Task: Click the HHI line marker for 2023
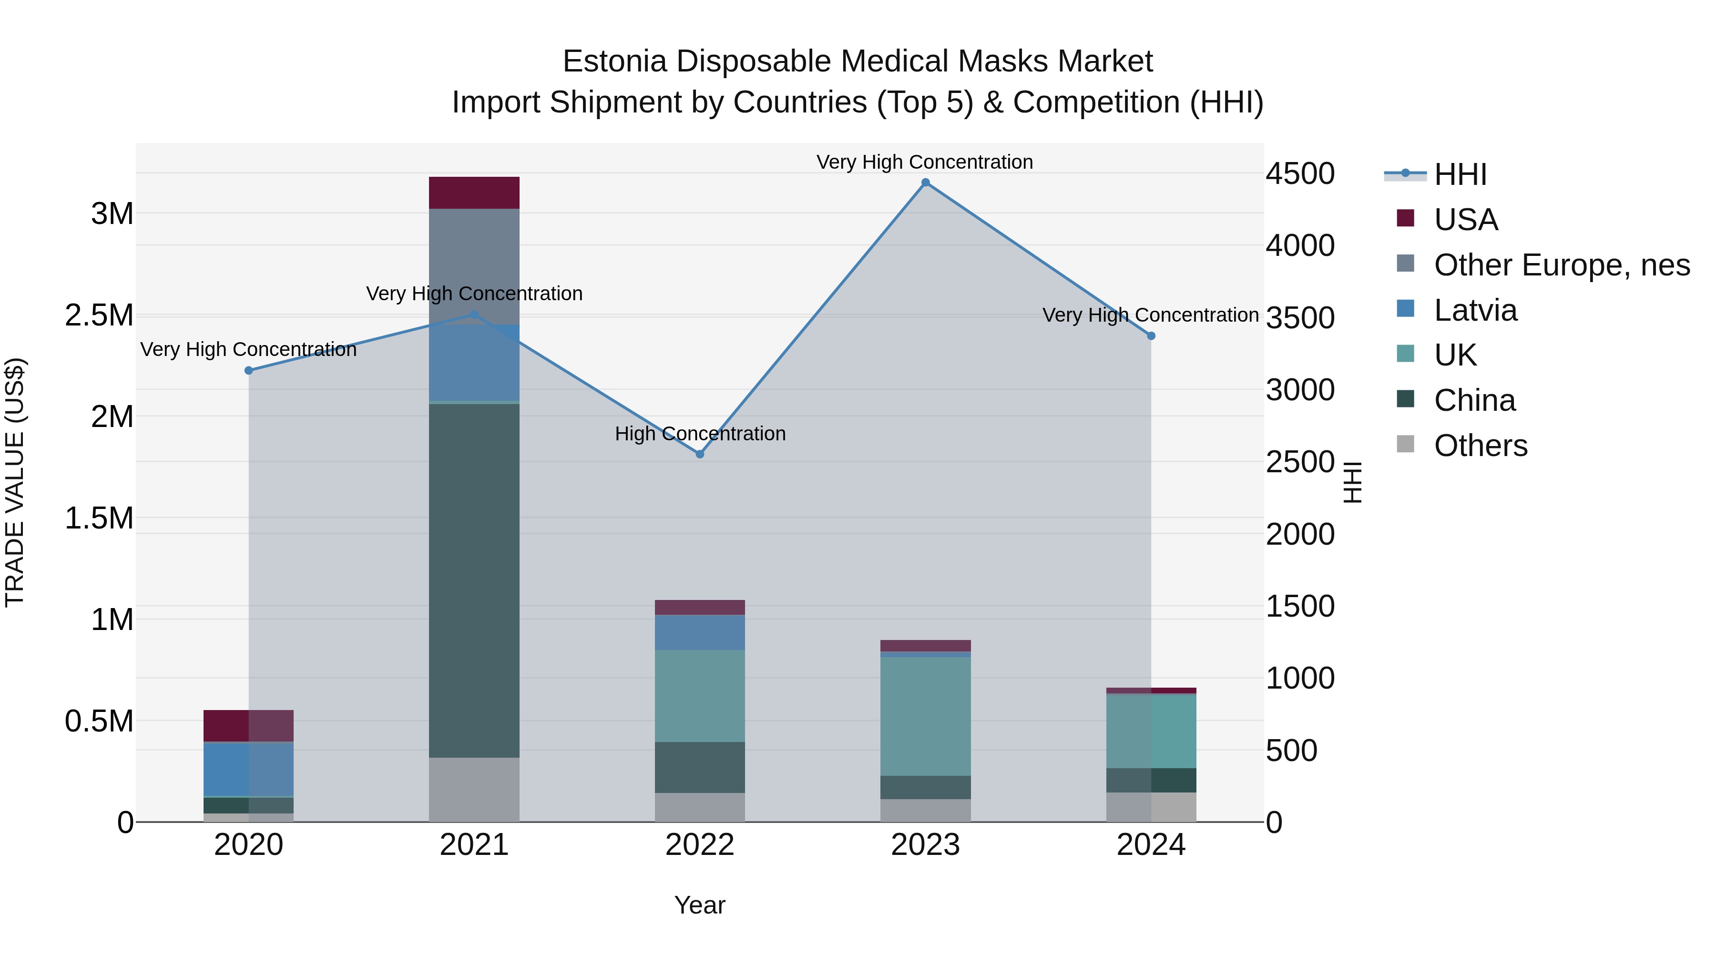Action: (x=925, y=183)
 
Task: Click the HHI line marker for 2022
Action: (x=699, y=454)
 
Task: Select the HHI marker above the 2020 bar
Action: (x=248, y=370)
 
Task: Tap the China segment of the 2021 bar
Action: (x=474, y=579)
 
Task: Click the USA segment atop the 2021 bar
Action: (x=474, y=193)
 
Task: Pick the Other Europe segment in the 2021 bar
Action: (x=474, y=266)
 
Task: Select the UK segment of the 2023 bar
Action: (x=925, y=716)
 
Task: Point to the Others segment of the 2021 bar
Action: (x=474, y=789)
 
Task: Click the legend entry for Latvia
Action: (x=1475, y=310)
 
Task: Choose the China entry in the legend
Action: (x=1474, y=400)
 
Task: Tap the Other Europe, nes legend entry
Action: (x=1561, y=265)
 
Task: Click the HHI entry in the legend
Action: (x=1460, y=174)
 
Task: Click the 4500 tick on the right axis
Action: (x=1300, y=174)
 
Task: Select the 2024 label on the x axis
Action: (x=1151, y=845)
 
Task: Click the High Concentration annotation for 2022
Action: (x=699, y=434)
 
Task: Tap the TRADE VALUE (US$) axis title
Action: (x=15, y=482)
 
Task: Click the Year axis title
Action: (x=699, y=905)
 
